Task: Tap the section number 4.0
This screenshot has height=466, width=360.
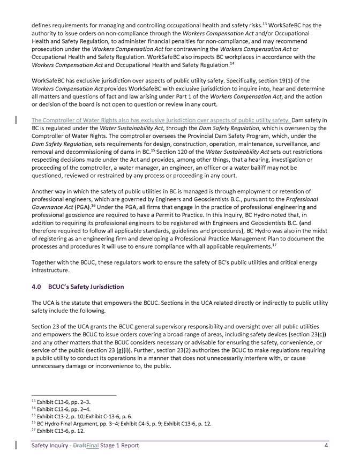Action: point(37,287)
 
